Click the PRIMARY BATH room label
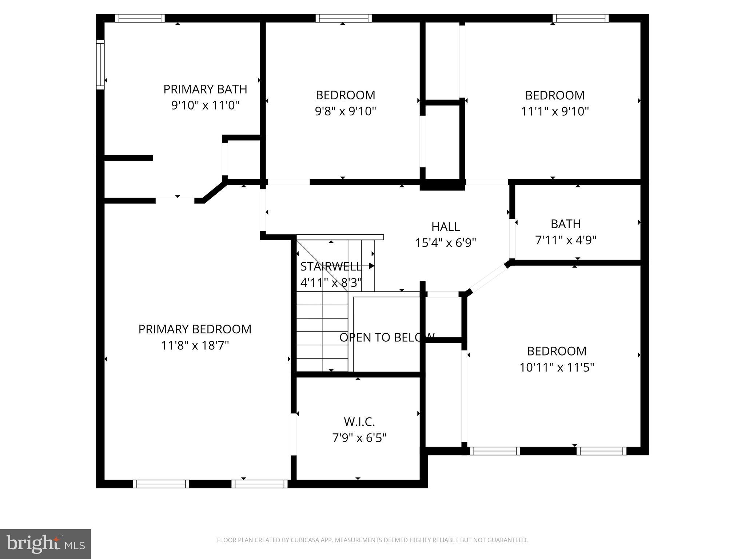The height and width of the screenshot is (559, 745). [205, 89]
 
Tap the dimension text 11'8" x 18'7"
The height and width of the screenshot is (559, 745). [195, 345]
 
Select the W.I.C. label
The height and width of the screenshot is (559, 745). [359, 422]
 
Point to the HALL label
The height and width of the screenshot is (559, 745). [446, 227]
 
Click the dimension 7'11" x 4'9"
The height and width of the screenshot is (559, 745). [566, 240]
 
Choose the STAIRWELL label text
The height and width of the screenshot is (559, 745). [331, 266]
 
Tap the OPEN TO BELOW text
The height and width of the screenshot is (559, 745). [387, 337]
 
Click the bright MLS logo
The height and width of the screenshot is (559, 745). [45, 544]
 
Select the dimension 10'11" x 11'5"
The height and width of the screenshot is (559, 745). [557, 368]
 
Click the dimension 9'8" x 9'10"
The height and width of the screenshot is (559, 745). [345, 111]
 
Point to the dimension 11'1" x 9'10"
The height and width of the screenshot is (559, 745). [555, 111]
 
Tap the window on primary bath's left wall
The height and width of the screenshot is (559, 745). [100, 64]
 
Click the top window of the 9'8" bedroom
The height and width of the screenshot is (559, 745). [343, 18]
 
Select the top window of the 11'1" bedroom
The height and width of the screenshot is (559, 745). [581, 18]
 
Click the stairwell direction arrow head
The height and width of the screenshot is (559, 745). [371, 266]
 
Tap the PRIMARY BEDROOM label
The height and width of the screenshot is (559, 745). [195, 329]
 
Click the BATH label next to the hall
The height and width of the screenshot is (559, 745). [566, 224]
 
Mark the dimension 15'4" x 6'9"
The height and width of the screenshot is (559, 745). [446, 243]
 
